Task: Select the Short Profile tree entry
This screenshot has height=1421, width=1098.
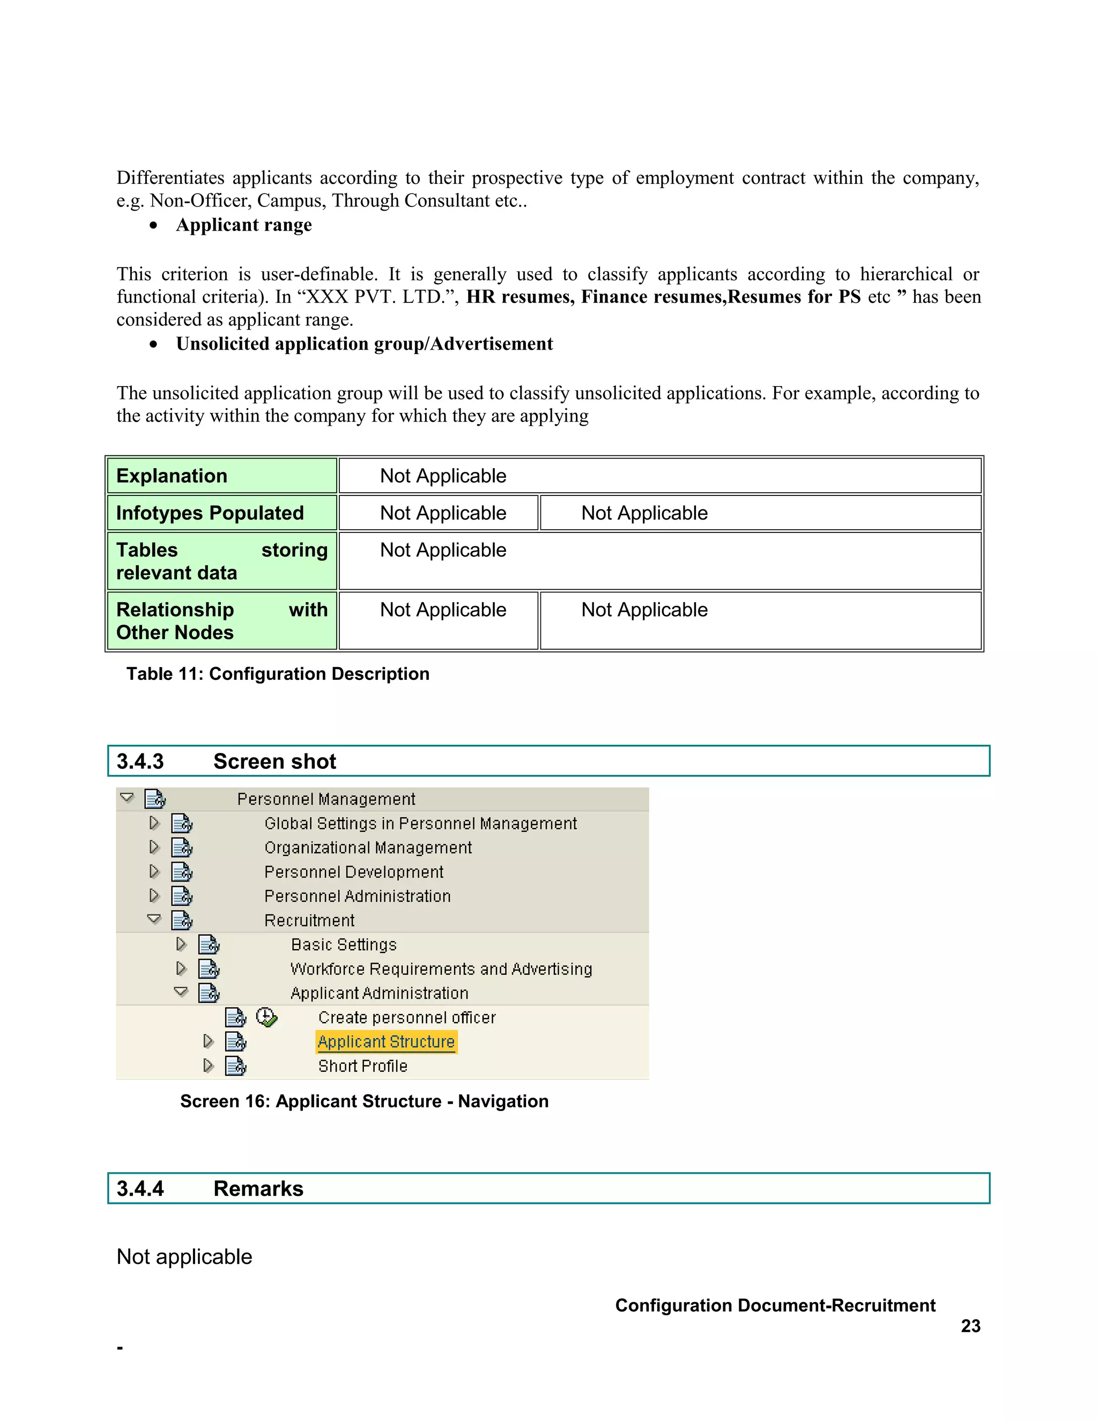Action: (x=362, y=1066)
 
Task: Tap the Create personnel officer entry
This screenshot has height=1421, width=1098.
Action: (x=406, y=1018)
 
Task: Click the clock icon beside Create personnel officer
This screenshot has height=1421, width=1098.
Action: (x=266, y=1017)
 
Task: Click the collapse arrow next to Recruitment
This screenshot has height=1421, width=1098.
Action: (x=154, y=919)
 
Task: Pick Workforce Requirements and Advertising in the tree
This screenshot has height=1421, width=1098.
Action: (x=441, y=969)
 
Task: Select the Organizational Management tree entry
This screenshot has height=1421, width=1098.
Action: (x=367, y=848)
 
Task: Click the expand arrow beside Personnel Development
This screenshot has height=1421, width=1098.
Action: (x=154, y=871)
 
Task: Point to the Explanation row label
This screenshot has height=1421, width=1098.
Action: (x=172, y=476)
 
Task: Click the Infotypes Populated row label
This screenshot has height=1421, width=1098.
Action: (x=210, y=513)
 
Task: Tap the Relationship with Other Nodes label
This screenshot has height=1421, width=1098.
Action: (x=221, y=621)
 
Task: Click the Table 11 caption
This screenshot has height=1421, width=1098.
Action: (x=278, y=674)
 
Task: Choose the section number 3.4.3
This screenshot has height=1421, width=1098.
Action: (x=140, y=761)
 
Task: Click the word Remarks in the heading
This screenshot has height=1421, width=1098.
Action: (x=258, y=1189)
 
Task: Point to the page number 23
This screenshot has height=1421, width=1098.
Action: (x=970, y=1326)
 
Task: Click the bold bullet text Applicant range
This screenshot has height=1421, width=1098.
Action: (x=244, y=225)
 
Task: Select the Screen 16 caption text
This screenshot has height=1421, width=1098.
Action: (x=364, y=1101)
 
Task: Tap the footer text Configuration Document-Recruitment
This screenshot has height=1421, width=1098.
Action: (x=775, y=1305)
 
